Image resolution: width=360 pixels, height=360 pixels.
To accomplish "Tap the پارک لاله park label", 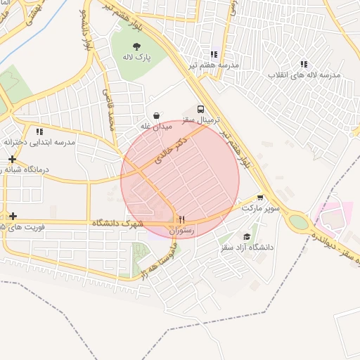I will (139, 57).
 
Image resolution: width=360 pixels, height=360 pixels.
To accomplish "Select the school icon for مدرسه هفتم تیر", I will (214, 54).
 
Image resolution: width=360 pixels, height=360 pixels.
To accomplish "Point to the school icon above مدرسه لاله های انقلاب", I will (304, 64).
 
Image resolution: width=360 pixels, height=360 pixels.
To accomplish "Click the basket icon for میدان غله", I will (155, 115).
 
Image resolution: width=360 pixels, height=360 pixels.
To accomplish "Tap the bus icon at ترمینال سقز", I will (201, 110).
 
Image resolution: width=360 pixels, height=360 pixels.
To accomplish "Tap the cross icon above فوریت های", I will (13, 215).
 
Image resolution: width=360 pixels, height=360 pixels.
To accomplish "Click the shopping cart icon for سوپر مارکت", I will (260, 198).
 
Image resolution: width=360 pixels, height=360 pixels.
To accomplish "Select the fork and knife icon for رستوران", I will (181, 219).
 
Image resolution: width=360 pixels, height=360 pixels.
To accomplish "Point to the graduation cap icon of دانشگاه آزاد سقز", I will (246, 237).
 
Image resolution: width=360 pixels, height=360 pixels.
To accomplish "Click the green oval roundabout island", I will (299, 222).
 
